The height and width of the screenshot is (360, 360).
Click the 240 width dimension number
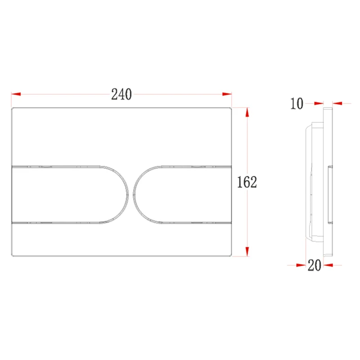point(121,94)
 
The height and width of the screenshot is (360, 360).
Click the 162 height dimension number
point(247,182)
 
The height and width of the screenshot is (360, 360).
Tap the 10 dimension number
point(297,103)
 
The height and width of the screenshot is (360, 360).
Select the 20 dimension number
point(314,265)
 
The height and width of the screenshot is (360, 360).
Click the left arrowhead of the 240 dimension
point(16,94)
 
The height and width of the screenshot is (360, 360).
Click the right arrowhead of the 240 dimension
point(227,94)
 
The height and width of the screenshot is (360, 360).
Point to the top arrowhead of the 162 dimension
point(247,112)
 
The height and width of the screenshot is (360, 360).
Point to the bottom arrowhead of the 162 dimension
point(247,252)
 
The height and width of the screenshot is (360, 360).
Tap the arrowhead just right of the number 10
point(319,103)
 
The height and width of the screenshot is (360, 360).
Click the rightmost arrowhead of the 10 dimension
point(337,103)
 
